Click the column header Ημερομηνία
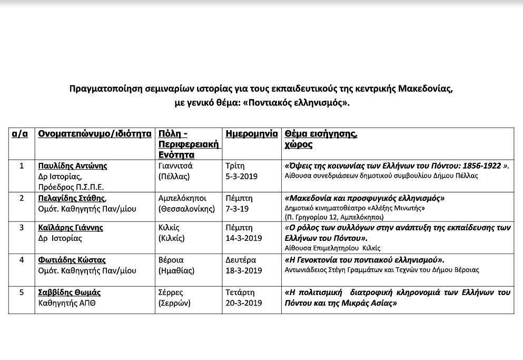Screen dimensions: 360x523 pyautogui.click(x=251, y=134)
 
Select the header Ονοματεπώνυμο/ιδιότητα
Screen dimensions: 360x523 pyautogui.click(x=95, y=134)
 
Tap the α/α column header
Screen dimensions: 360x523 pyautogui.click(x=20, y=134)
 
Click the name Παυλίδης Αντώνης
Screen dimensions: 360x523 pyautogui.click(x=73, y=166)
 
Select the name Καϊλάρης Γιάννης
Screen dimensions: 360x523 pyautogui.click(x=71, y=228)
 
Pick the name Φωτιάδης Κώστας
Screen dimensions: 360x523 pyautogui.click(x=72, y=260)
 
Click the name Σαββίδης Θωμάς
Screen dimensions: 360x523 pyautogui.click(x=70, y=293)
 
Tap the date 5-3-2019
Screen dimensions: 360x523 pyautogui.click(x=241, y=177)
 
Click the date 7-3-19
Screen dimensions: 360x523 pyautogui.click(x=237, y=209)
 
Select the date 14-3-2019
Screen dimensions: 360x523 pyautogui.click(x=243, y=238)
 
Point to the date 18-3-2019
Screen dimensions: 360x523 pyautogui.click(x=243, y=271)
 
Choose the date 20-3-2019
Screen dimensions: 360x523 pyautogui.click(x=243, y=303)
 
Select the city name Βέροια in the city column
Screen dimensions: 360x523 pyautogui.click(x=171, y=260)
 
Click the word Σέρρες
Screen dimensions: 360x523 pyautogui.click(x=171, y=293)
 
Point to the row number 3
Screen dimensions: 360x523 pyautogui.click(x=22, y=228)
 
